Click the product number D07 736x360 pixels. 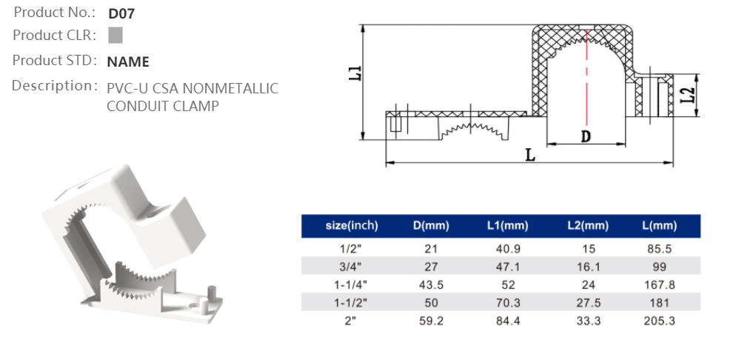pos(121,13)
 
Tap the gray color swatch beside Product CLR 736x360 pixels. pos(115,36)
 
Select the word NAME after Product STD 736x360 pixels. pos(128,61)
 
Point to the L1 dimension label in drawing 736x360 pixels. pos(355,73)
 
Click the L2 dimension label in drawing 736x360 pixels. pos(689,96)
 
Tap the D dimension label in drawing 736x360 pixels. pos(586,136)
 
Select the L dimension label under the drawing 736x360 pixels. pos(530,155)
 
